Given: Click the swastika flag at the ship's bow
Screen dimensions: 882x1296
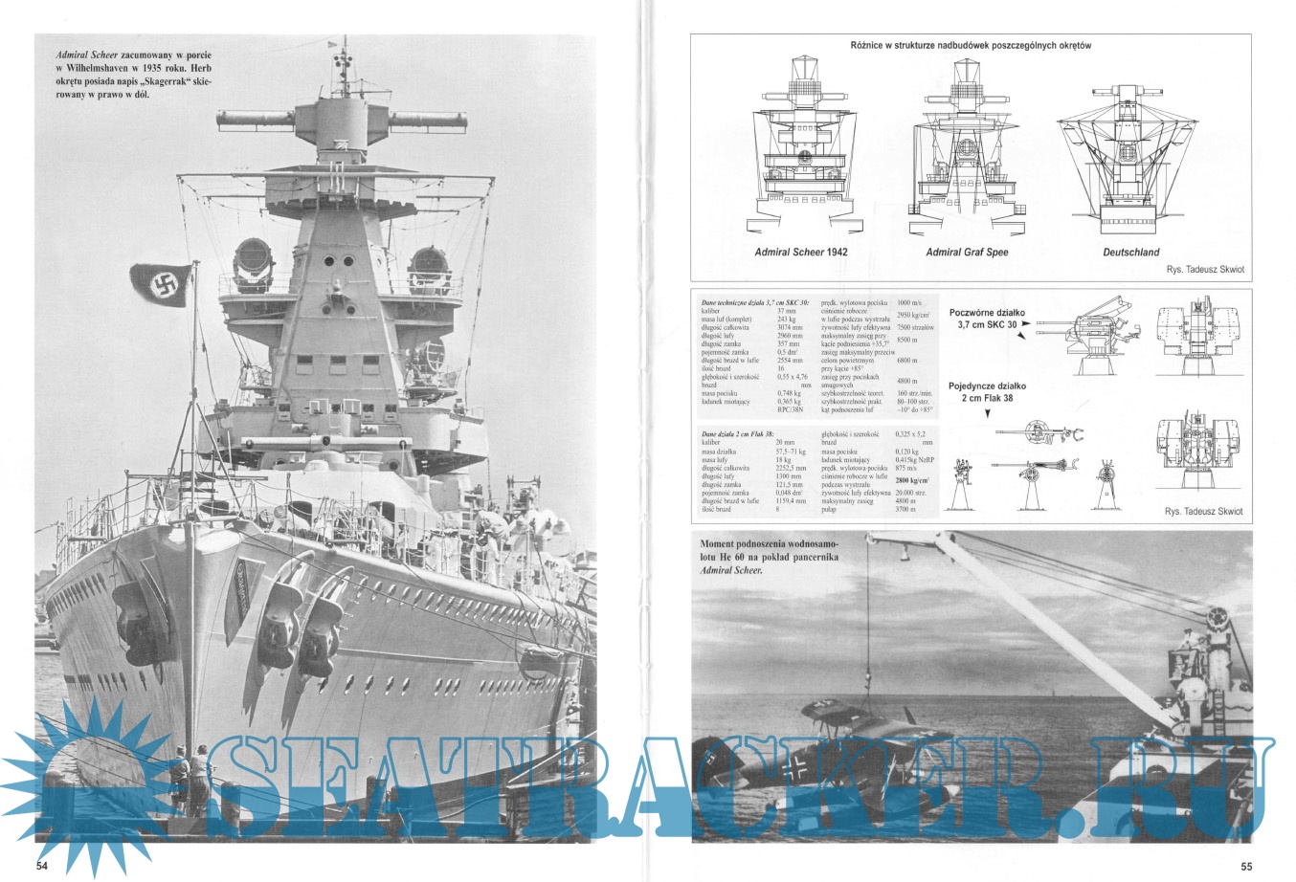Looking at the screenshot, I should tap(160, 284).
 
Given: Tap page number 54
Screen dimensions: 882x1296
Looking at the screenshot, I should tap(42, 866).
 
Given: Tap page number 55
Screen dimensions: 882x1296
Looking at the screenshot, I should tap(1246, 867).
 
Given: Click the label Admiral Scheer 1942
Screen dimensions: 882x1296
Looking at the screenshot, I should tap(801, 253).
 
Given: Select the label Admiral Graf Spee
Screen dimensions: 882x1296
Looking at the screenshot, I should tap(967, 253).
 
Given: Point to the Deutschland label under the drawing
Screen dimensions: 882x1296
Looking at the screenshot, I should tap(1130, 253).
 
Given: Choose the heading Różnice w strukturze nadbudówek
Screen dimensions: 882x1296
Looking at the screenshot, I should tap(970, 45).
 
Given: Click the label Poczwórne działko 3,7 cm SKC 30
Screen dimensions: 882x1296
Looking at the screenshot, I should tap(987, 319).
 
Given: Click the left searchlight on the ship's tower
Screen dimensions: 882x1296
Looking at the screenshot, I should tap(252, 259).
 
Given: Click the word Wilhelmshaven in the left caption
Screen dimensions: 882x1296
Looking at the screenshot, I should tap(95, 69).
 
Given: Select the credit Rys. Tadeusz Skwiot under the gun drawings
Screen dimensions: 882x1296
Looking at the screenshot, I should tap(1203, 512).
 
